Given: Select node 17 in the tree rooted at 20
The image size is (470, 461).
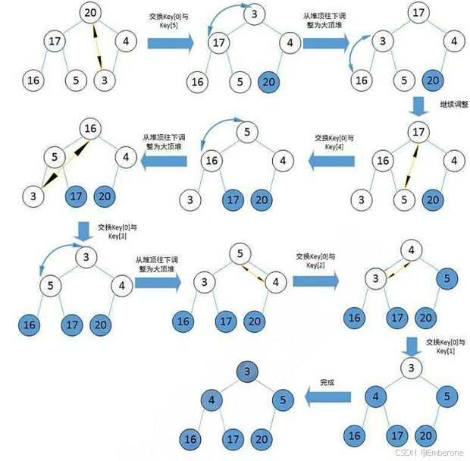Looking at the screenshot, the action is coord(53,41).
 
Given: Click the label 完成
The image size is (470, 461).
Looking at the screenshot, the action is coord(327,384).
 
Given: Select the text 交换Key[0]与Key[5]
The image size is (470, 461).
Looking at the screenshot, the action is coord(170,20).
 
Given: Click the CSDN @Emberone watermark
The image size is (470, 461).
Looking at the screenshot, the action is coord(430,450).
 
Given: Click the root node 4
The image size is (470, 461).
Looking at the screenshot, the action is coord(410,249).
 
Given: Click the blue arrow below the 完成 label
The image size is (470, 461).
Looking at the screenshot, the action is coord(327,397).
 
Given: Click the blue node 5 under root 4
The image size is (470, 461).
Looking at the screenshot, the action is coord(446,278).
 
